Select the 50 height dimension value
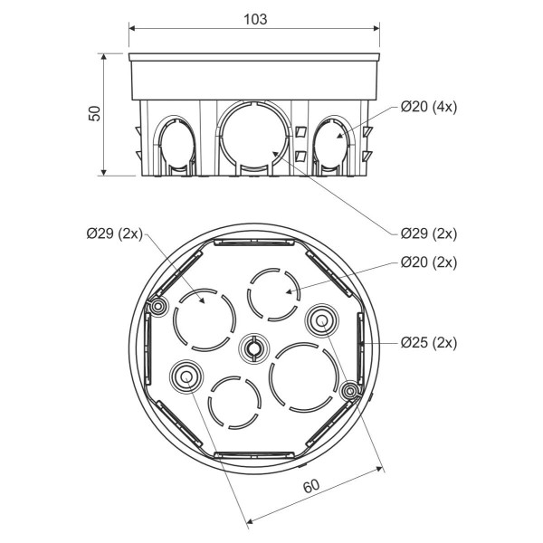click(94, 113)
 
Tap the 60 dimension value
click(310, 486)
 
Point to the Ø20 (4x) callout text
click(428, 107)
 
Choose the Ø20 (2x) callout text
click(428, 262)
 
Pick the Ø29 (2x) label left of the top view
click(115, 233)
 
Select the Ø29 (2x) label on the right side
click(428, 233)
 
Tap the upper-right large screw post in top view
click(319, 319)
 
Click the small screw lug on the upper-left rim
click(158, 308)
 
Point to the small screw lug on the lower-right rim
click(349, 390)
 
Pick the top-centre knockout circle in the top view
click(273, 291)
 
